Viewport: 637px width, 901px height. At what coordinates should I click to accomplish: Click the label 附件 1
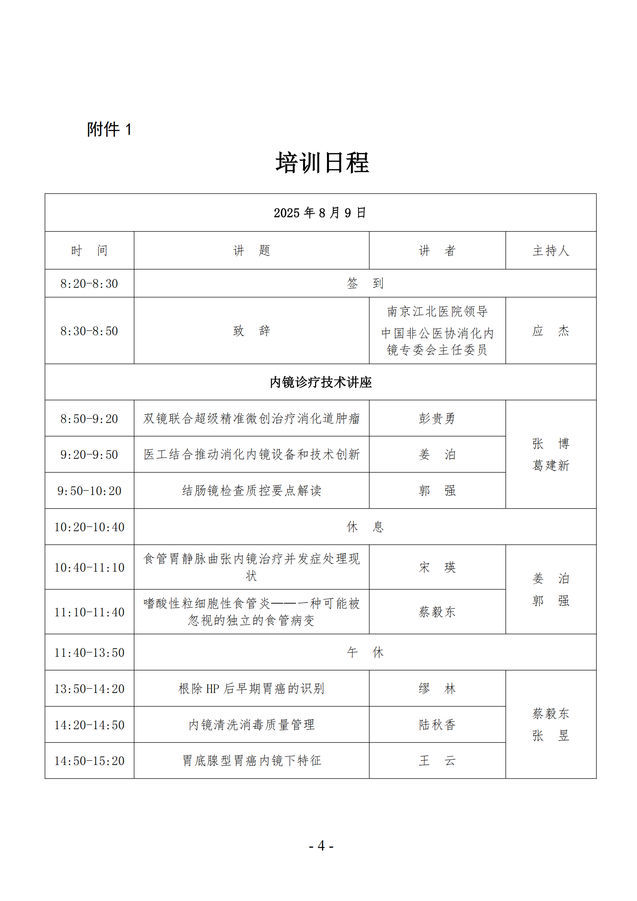[x=109, y=129]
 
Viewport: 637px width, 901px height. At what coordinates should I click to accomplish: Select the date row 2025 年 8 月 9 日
[x=320, y=213]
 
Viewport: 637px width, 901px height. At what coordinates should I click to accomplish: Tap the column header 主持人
[x=551, y=251]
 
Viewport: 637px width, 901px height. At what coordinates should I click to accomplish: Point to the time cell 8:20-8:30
[x=89, y=284]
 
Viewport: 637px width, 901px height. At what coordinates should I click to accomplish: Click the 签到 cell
[x=365, y=284]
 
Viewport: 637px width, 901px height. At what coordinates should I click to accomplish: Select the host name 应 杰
[x=551, y=331]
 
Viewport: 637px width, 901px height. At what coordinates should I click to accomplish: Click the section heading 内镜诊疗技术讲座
[x=320, y=382]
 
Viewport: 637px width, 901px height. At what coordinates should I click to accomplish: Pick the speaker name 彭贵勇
[x=437, y=419]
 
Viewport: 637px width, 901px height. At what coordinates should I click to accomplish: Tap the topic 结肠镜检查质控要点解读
[x=251, y=490]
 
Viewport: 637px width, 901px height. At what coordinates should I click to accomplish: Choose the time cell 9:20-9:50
[x=89, y=455]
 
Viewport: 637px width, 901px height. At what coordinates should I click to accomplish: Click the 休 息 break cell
[x=365, y=527]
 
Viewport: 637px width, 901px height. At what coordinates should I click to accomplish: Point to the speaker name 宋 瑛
[x=437, y=567]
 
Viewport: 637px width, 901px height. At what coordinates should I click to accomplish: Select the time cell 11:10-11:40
[x=89, y=612]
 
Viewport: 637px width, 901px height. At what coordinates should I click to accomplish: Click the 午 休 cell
[x=365, y=652]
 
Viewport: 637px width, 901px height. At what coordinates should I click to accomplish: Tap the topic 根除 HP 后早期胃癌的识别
[x=251, y=689]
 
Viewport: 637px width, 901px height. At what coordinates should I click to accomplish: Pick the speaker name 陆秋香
[x=437, y=725]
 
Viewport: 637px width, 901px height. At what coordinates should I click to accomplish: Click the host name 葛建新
[x=551, y=466]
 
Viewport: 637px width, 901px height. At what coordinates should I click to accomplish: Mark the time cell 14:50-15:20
[x=89, y=761]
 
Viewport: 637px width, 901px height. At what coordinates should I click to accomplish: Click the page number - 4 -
[x=321, y=846]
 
